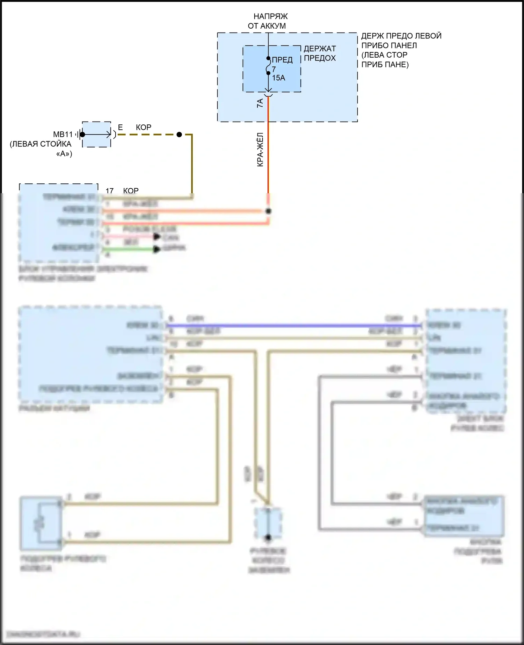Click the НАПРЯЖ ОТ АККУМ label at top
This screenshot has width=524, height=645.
coord(268,21)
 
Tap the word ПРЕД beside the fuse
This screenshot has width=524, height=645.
coord(282,60)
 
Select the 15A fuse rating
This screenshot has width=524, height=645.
coord(278,78)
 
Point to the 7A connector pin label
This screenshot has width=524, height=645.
coord(260,103)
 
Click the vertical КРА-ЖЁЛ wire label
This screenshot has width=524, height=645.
coord(260,150)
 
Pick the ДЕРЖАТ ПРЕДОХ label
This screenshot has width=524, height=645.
coord(320,53)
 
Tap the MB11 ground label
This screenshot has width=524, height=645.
coord(63,135)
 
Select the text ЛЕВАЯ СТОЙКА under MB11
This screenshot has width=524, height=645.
coord(41,144)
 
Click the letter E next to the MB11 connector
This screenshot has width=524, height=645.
coord(120,128)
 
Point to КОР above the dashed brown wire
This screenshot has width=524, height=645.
coord(143,128)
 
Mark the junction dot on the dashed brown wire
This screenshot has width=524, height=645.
coord(179,135)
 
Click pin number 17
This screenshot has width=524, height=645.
coord(109,191)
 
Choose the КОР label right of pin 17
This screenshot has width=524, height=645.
coord(131,191)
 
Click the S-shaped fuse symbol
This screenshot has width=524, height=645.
coord(268,66)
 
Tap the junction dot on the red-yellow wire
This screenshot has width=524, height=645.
coord(268,211)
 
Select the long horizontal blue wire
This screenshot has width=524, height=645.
coord(293,326)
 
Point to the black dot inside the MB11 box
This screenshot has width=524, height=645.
coord(82,135)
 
